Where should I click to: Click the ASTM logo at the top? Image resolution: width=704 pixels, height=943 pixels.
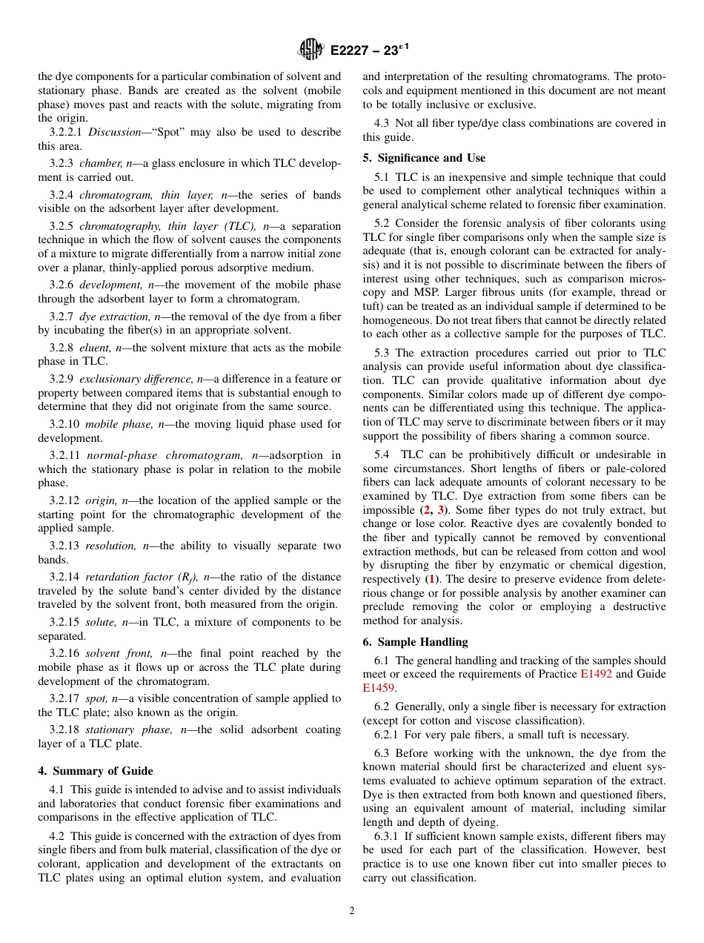(311, 50)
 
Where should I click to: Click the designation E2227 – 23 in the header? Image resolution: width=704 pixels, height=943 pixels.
(369, 50)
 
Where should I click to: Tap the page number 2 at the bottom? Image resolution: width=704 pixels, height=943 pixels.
(352, 911)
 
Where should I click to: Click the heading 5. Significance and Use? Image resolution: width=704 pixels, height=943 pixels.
(424, 158)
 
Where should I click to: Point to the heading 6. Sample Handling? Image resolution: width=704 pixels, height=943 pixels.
(415, 642)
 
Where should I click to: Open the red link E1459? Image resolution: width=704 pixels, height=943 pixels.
(379, 688)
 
